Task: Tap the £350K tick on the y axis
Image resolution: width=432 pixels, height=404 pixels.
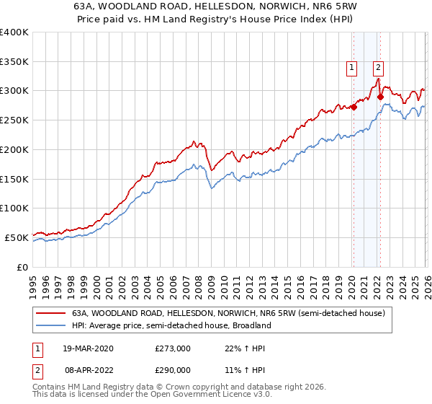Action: (14, 62)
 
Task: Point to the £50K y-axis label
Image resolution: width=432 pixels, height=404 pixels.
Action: (16, 237)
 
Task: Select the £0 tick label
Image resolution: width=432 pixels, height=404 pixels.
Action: (23, 267)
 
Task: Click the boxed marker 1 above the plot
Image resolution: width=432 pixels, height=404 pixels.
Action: (352, 69)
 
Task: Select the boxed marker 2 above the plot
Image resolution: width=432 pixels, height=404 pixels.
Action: (378, 69)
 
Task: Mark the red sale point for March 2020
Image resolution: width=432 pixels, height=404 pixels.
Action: (354, 107)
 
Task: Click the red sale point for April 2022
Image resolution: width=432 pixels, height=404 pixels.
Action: (379, 97)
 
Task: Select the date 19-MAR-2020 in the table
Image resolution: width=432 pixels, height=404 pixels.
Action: (88, 348)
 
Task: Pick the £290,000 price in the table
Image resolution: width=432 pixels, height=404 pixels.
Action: (173, 369)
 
